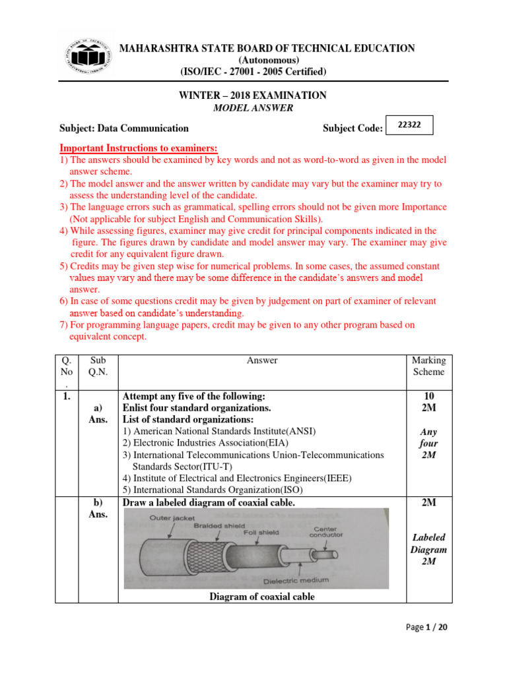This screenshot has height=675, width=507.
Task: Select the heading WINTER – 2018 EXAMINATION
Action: [x=253, y=96]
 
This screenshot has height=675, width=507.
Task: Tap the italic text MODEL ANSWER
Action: [x=253, y=109]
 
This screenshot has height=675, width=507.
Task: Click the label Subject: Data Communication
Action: [x=124, y=129]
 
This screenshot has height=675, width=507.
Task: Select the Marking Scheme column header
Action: [x=428, y=366]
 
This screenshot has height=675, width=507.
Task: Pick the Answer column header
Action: [x=262, y=361]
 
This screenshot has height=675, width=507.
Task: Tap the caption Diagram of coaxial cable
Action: [x=262, y=597]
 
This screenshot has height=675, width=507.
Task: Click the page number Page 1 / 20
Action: [x=426, y=628]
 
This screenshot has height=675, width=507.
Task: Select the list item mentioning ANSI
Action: [x=219, y=431]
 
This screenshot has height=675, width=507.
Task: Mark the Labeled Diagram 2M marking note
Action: [x=428, y=549]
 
